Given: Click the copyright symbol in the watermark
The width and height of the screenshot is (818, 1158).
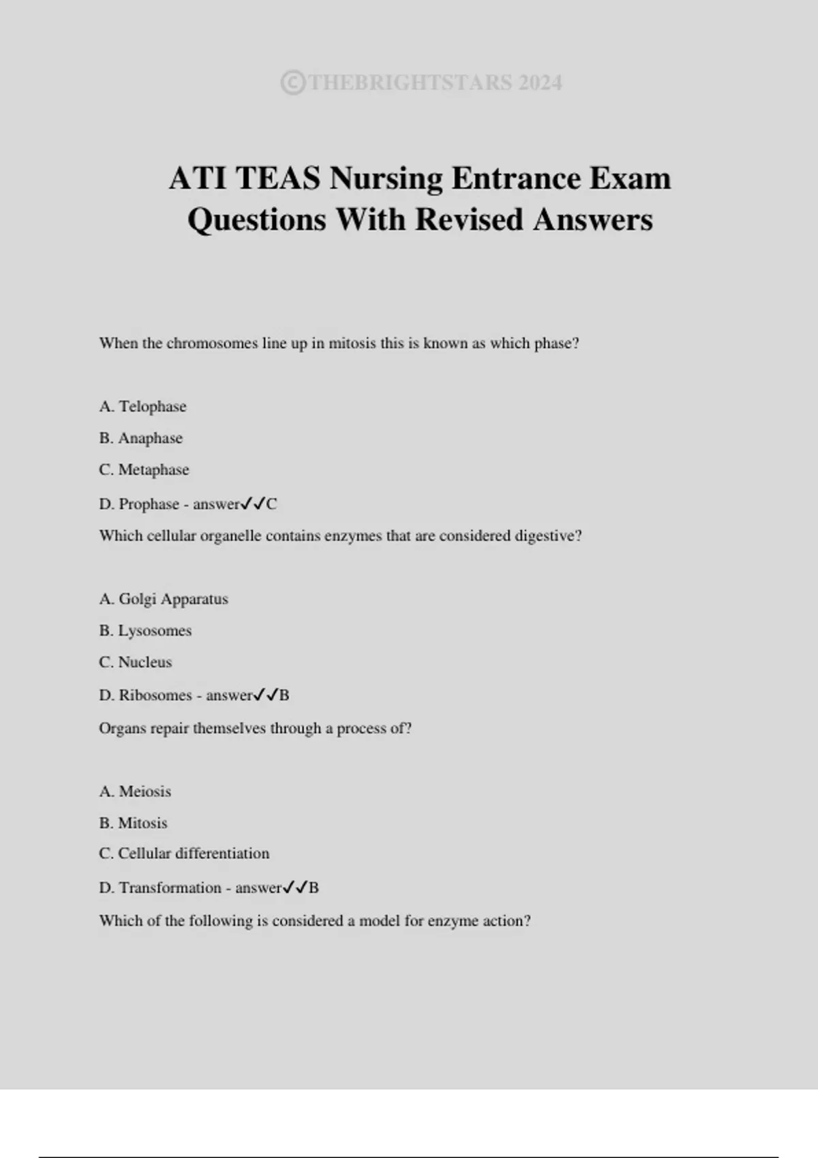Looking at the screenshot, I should click(x=292, y=83).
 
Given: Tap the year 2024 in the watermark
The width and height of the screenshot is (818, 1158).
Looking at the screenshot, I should click(x=540, y=83).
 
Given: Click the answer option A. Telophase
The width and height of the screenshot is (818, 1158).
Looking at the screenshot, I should click(x=142, y=407).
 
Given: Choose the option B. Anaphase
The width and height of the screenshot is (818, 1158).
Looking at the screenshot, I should click(x=141, y=438).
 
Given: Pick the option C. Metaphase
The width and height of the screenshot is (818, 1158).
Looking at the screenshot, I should click(x=144, y=470).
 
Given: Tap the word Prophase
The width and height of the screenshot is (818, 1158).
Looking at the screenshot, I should click(x=149, y=504).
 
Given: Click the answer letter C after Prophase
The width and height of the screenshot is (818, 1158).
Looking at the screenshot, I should click(x=271, y=504).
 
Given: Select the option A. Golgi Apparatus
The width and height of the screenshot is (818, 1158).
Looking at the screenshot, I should click(x=164, y=599).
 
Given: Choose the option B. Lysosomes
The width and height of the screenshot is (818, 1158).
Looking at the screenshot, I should click(x=145, y=631).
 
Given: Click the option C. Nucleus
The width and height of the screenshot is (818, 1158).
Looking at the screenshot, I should click(x=136, y=662).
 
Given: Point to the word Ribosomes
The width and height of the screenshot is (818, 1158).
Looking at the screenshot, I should click(x=155, y=695).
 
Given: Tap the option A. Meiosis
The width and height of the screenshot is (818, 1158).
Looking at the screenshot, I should click(x=135, y=792).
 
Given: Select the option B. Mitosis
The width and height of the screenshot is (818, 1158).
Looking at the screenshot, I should click(x=133, y=823).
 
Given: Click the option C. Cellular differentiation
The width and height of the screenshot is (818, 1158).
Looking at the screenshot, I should click(x=184, y=854).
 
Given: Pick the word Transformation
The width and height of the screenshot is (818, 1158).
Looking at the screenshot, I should click(x=170, y=888).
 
